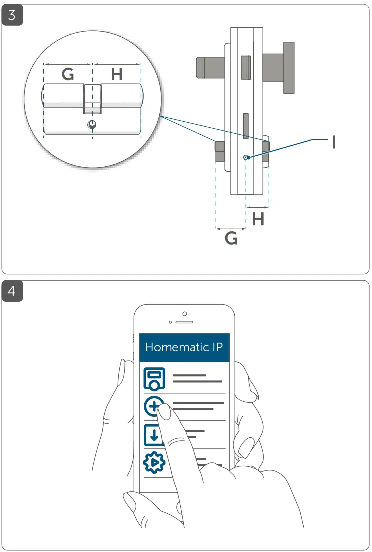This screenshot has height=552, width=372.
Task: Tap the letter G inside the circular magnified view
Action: pyautogui.click(x=68, y=75)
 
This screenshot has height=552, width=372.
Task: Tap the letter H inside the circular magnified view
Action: pyautogui.click(x=116, y=75)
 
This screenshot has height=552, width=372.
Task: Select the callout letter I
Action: pyautogui.click(x=334, y=142)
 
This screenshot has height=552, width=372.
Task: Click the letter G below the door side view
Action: pyautogui.click(x=231, y=239)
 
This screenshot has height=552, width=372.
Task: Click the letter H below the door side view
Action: pyautogui.click(x=258, y=219)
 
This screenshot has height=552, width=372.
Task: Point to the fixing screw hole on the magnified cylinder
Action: pyautogui.click(x=92, y=124)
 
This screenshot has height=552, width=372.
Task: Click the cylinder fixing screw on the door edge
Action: pyautogui.click(x=246, y=158)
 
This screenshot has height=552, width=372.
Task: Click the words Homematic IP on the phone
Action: pyautogui.click(x=184, y=347)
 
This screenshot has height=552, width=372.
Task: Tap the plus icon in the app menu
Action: pyautogui.click(x=154, y=406)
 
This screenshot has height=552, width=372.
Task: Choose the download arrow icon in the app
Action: pyautogui.click(x=154, y=434)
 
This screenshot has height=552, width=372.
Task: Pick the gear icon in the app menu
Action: pyautogui.click(x=154, y=463)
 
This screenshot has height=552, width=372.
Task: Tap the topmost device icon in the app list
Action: pyautogui.click(x=154, y=378)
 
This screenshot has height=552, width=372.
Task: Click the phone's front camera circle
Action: pyautogui.click(x=184, y=314)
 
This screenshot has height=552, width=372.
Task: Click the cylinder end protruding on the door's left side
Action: pyautogui.click(x=220, y=152)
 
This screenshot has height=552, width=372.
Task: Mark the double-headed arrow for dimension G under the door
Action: pyautogui.click(x=231, y=229)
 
